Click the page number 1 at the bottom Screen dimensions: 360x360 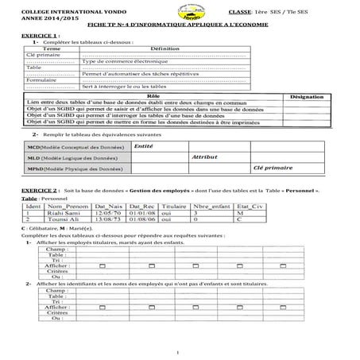click(x=180, y=352)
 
